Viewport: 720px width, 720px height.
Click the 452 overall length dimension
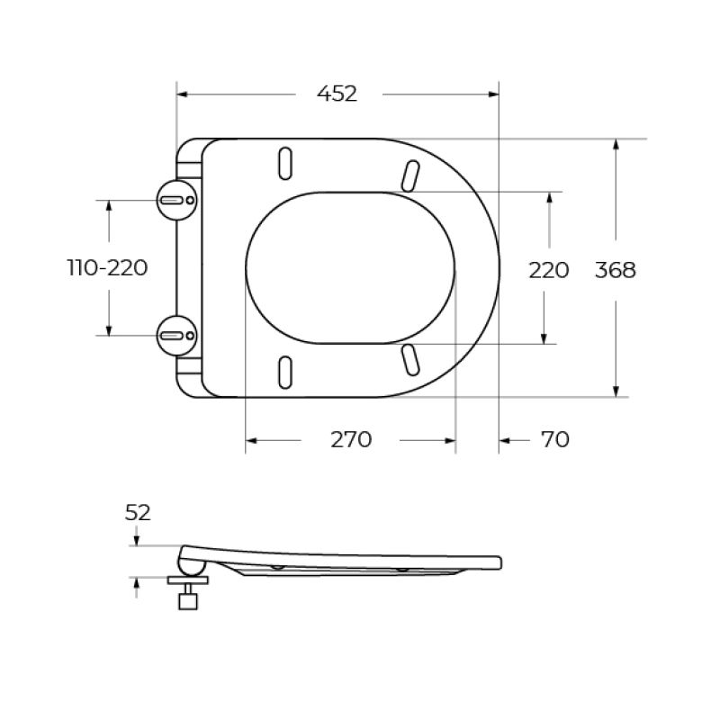click(x=337, y=94)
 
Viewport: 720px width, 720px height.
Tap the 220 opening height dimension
click(x=548, y=269)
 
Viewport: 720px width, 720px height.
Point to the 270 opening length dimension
click(x=350, y=439)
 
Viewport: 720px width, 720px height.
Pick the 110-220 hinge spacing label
click(x=108, y=268)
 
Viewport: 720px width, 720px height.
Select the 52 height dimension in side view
click(x=138, y=513)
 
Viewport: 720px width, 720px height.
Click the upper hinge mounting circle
click(x=177, y=198)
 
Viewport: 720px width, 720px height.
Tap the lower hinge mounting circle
click(x=177, y=336)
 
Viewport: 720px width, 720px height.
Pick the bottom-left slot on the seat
click(x=286, y=371)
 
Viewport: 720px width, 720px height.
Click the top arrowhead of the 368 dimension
click(x=616, y=145)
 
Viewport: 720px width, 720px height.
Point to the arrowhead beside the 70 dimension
click(x=505, y=440)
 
